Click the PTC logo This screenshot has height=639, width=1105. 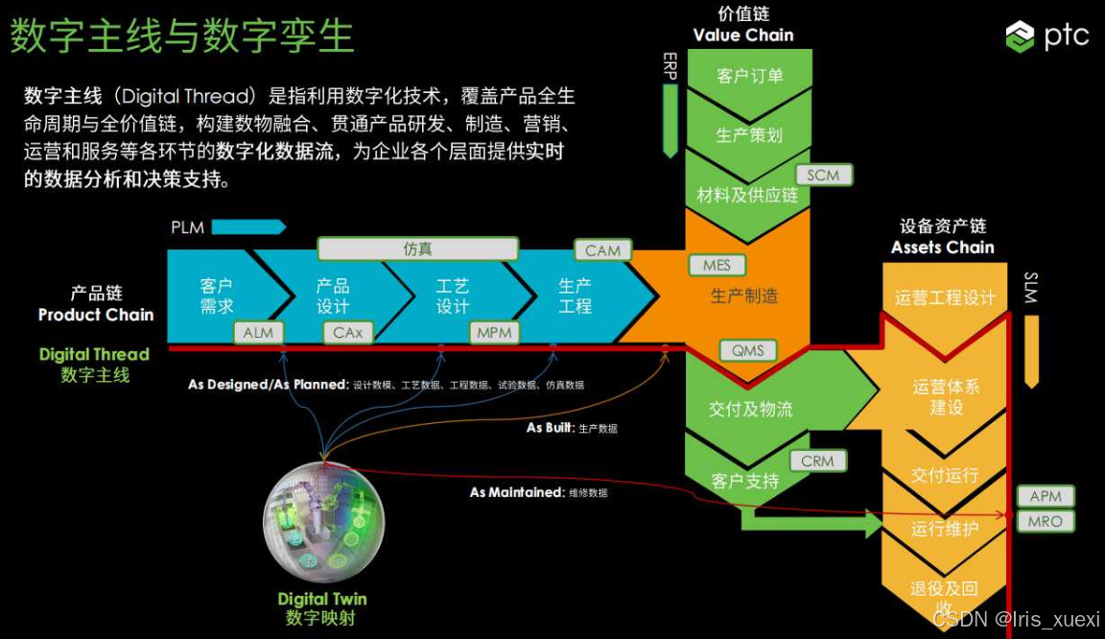(1046, 36)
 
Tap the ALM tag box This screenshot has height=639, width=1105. (258, 333)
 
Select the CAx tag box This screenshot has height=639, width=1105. (348, 333)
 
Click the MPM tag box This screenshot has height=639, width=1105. (495, 333)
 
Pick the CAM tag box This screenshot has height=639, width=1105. (602, 250)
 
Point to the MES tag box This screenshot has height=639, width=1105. (717, 265)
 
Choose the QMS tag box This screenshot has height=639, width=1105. (747, 350)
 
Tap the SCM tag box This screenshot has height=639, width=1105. (822, 175)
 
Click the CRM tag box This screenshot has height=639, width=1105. (817, 461)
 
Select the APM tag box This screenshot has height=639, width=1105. (1045, 496)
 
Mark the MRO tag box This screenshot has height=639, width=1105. (1045, 522)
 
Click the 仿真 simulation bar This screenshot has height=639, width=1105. (417, 248)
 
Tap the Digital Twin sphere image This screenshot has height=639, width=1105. (323, 524)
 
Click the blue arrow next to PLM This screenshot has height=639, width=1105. (248, 227)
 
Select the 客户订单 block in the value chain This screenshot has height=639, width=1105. (749, 76)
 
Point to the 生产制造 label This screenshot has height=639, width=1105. (744, 296)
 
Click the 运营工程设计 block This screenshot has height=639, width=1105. (944, 297)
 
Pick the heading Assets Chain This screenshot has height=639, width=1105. (942, 248)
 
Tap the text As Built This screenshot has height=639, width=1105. (550, 428)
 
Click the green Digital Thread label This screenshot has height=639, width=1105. (94, 354)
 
